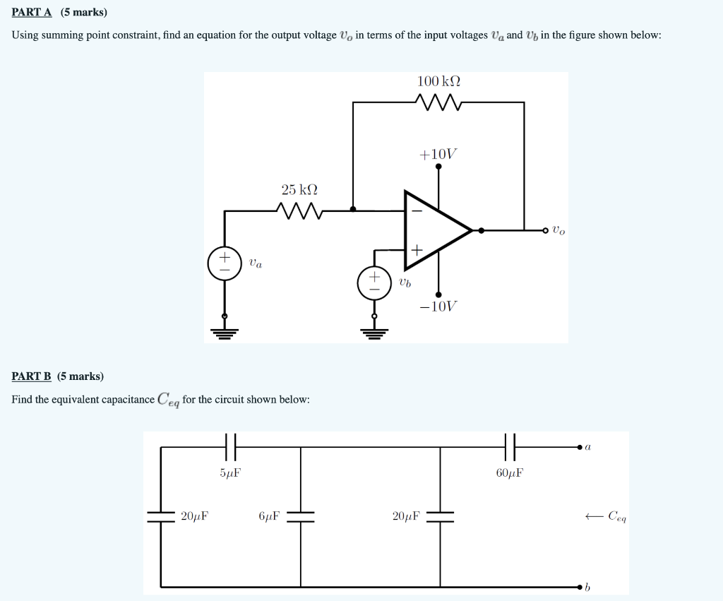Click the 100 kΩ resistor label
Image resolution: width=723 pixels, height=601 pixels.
[x=438, y=81]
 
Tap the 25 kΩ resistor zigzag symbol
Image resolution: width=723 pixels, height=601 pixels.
[x=299, y=210]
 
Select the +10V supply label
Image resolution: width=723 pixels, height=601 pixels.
[x=438, y=153]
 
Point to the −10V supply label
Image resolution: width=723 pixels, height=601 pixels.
[x=438, y=307]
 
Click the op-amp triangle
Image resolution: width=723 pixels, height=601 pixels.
[x=433, y=230]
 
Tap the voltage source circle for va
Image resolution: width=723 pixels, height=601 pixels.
[x=225, y=263]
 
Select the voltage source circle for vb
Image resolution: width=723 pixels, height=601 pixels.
[x=375, y=282]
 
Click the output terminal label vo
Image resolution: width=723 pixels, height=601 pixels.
[x=558, y=230]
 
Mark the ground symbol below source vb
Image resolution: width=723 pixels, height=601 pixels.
[x=375, y=333]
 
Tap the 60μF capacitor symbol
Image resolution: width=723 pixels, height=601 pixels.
[x=510, y=446]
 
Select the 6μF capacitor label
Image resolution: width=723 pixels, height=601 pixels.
[x=269, y=516]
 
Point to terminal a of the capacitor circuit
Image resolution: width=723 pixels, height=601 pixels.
[x=581, y=446]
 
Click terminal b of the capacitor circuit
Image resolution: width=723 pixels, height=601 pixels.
[x=581, y=587]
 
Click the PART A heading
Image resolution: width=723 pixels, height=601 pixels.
[x=32, y=13]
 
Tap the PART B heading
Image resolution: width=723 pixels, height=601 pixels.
[x=32, y=376]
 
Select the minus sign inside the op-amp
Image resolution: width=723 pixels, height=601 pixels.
[x=416, y=210]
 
